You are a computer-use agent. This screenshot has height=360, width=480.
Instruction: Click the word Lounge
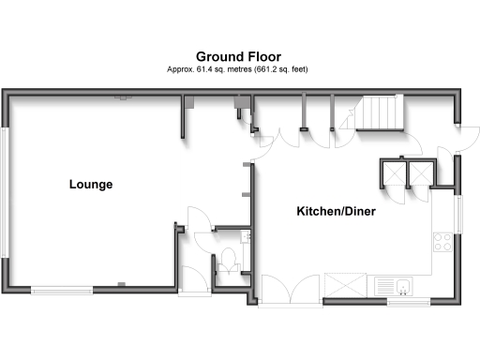(x=91, y=185)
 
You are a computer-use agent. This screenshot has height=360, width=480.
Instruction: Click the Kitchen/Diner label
(x=337, y=212)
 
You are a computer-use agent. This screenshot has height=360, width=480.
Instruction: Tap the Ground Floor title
(x=238, y=56)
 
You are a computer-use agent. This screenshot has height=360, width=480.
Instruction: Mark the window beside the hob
(x=458, y=215)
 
